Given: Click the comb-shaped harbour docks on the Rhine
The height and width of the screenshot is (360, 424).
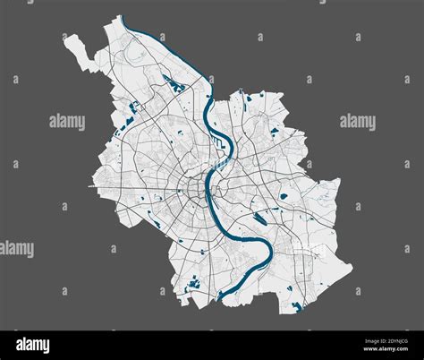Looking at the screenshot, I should [217, 141].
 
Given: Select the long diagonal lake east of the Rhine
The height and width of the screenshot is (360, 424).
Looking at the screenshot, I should [261, 217].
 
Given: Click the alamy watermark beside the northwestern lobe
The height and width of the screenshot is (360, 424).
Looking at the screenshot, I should [67, 122].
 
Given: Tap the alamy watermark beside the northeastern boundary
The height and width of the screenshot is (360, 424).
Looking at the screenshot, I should [357, 122].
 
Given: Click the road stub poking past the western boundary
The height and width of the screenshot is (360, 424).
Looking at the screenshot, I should [91, 186].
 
